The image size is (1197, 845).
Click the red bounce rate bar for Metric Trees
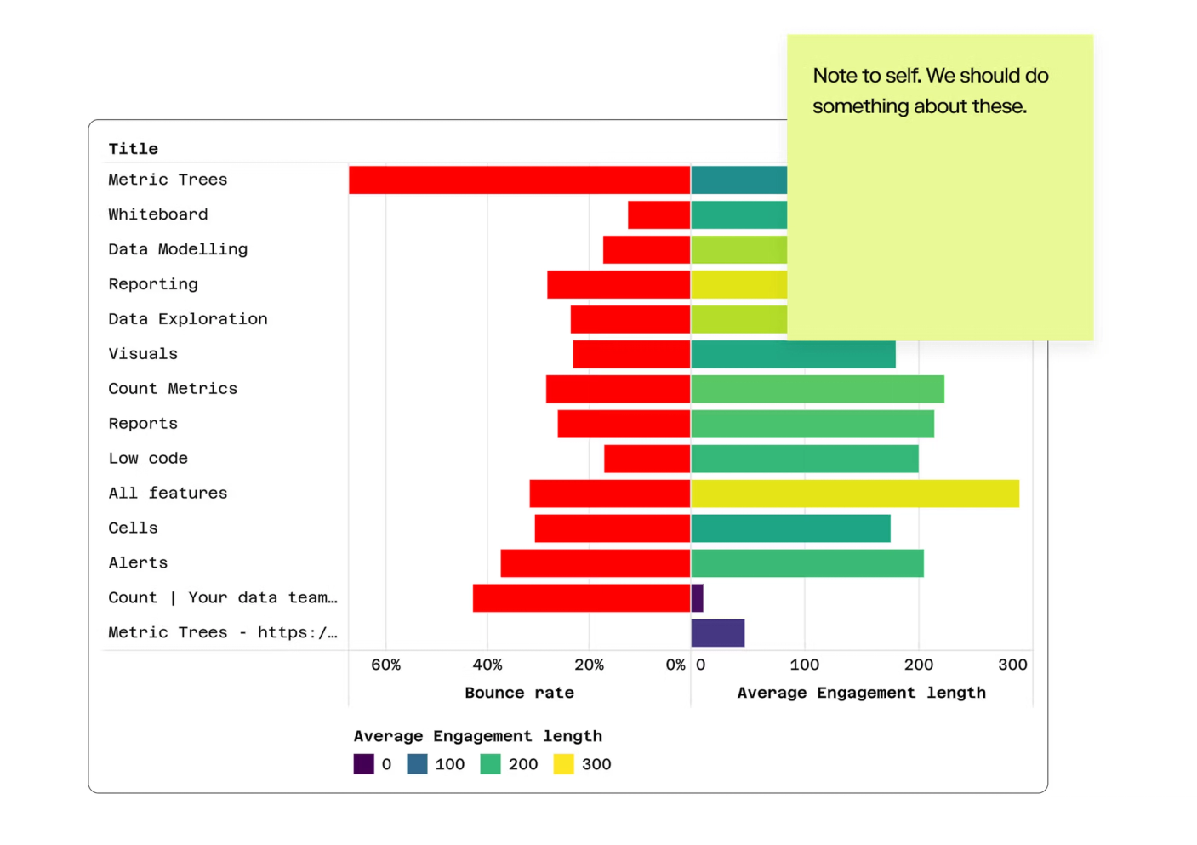pos(519,180)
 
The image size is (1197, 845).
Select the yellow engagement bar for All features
pos(855,494)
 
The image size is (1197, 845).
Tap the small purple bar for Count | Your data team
pos(698,598)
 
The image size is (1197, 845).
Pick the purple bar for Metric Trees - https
pos(718,633)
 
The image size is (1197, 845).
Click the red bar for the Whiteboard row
pos(658,215)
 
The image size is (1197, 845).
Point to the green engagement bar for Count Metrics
pos(818,389)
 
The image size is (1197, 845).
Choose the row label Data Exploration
pos(188,319)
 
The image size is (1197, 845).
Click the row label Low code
pos(148,459)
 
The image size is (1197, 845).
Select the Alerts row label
pos(138,563)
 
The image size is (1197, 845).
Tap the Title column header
pos(133,149)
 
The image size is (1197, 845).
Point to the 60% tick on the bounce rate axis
pos(385,665)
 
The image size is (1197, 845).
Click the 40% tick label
pos(487,665)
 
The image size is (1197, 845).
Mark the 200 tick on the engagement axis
pos(918,665)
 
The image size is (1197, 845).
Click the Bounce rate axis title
pos(519,693)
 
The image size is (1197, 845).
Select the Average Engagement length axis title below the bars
pos(861,693)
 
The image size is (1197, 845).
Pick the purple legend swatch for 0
pos(364,764)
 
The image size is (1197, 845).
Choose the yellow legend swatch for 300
pos(563,764)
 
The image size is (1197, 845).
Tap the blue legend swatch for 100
pos(417,764)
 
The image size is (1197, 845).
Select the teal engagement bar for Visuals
pos(793,354)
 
